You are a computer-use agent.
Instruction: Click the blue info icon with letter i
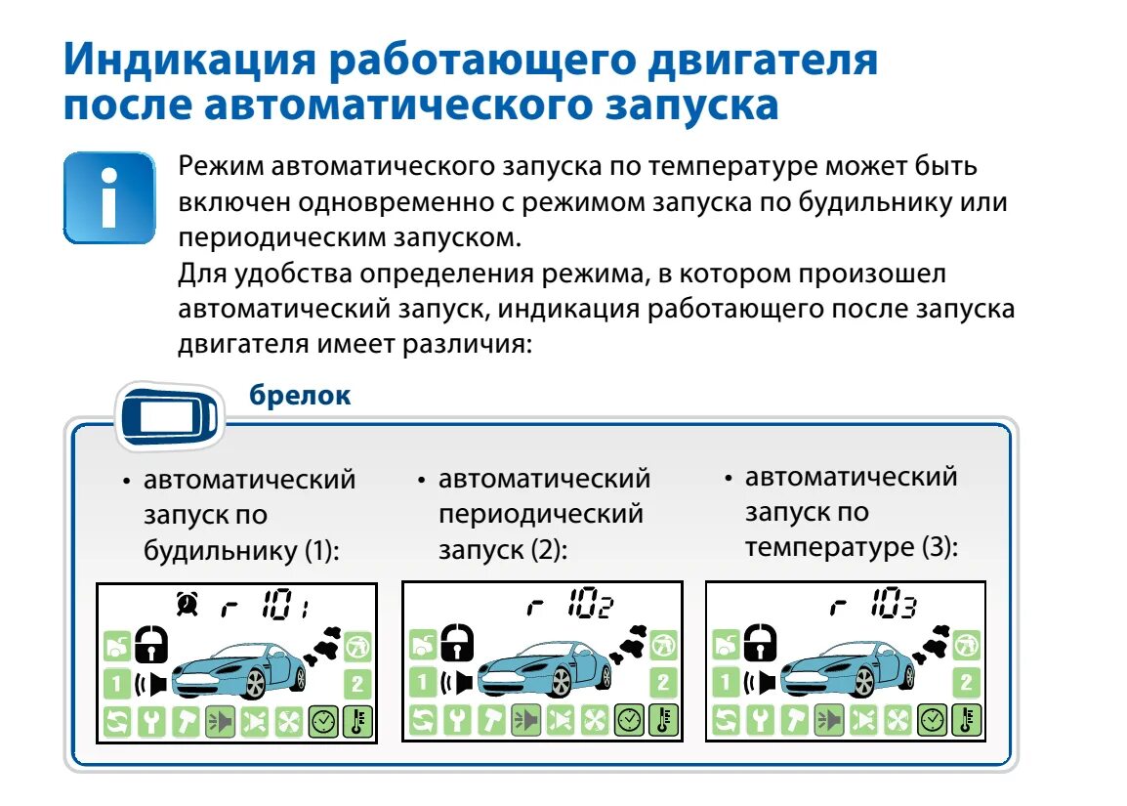[108, 196]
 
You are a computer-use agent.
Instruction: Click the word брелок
[299, 396]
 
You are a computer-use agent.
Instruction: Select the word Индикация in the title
[190, 61]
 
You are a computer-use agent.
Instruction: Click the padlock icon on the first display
[151, 643]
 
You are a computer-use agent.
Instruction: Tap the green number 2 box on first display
[357, 683]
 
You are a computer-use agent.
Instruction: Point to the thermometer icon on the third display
[967, 721]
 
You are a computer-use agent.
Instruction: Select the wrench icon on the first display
[150, 721]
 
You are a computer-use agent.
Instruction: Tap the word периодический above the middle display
[540, 514]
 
